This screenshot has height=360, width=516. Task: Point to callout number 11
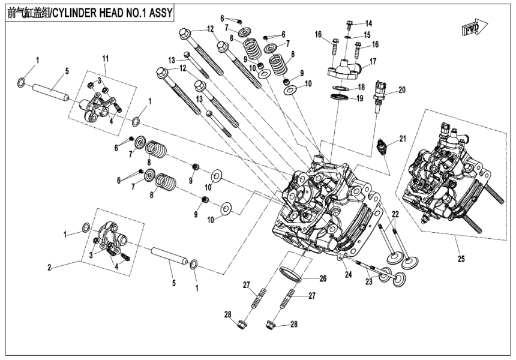coord(105,58)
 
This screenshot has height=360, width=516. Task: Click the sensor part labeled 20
coord(379,96)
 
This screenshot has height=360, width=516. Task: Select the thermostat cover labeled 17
coord(343,67)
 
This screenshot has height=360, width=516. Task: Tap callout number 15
coord(368,35)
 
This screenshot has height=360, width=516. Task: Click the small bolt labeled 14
coord(349,26)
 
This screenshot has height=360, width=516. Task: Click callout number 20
coord(401,90)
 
